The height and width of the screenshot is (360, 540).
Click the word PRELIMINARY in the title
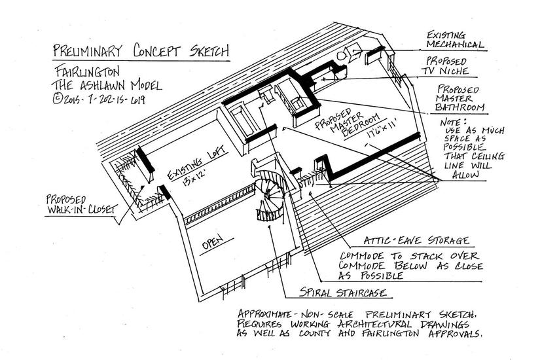point(88,50)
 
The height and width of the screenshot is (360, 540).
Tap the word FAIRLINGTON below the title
point(88,71)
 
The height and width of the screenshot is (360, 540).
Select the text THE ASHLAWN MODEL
point(107,84)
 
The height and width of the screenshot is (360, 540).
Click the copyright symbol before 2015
point(57,99)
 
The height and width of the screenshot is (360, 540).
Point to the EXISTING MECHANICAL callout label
point(455,40)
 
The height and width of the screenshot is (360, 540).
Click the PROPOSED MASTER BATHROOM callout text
point(459,98)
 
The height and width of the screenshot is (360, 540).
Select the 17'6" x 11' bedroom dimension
point(382,128)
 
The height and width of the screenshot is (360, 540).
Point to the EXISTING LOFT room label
point(196,162)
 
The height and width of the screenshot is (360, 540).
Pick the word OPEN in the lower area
point(213,242)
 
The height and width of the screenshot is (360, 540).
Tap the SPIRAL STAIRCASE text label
point(343,292)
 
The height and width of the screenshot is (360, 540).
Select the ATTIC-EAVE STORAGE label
point(416,240)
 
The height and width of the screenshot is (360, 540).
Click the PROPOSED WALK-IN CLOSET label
point(81,205)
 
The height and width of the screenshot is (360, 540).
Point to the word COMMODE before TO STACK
point(361,256)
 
